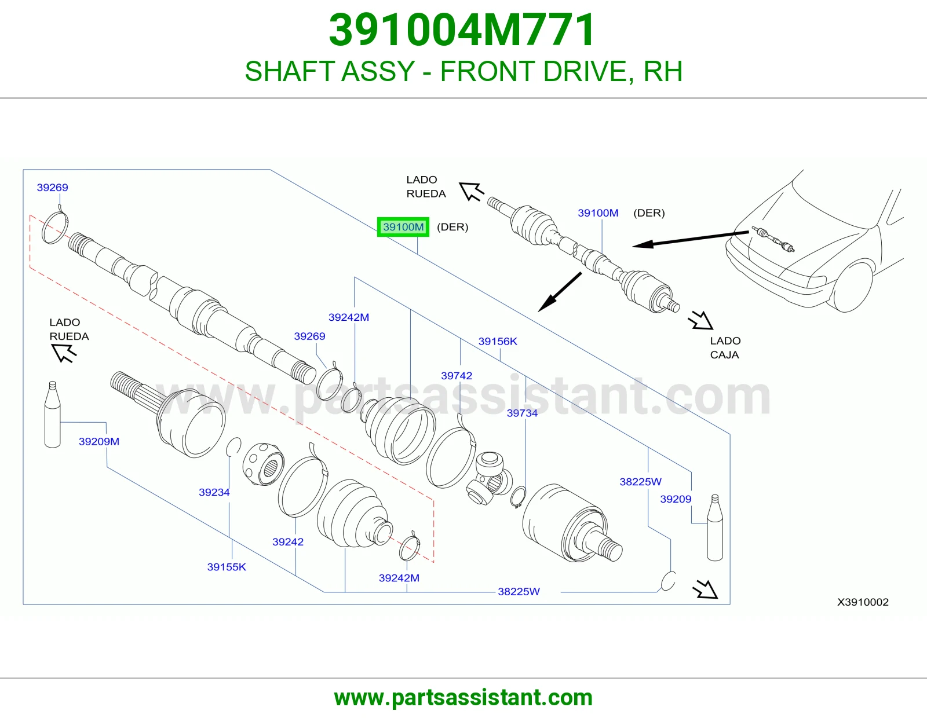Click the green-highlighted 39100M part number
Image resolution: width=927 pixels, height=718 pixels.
click(403, 227)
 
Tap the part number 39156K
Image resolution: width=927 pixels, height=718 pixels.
click(498, 341)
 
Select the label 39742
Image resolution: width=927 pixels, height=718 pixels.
click(457, 376)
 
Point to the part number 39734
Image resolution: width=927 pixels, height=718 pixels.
click(522, 413)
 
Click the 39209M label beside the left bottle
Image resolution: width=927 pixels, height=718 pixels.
click(99, 441)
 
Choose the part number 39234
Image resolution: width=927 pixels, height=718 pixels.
click(214, 492)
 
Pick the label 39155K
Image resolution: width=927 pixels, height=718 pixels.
click(227, 567)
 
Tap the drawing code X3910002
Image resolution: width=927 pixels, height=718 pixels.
click(863, 602)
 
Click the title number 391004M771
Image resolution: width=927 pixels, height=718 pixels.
click(462, 30)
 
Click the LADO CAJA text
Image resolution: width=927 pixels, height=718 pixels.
click(725, 347)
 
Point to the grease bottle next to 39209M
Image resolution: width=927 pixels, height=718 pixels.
click(53, 415)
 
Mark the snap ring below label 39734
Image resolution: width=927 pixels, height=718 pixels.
click(519, 497)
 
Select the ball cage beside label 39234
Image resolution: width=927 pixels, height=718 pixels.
click(263, 464)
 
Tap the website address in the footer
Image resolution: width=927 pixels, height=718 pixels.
click(463, 698)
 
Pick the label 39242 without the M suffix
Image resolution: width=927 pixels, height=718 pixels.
click(288, 541)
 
